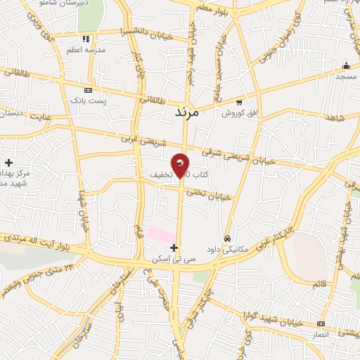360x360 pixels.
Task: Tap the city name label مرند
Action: click(x=186, y=112)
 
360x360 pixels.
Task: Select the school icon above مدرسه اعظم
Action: click(x=86, y=39)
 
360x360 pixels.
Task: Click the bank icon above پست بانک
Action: click(x=88, y=91)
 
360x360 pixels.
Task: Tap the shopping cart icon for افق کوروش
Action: click(x=239, y=103)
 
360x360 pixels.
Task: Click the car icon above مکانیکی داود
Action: click(x=227, y=238)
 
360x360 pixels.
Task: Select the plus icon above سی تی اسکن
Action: click(x=174, y=247)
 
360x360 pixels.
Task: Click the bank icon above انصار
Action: click(x=321, y=324)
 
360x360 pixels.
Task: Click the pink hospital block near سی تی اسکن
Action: click(x=161, y=235)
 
